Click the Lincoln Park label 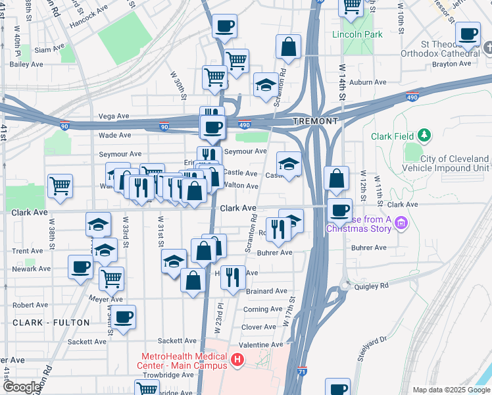(357, 34)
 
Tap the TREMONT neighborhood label (316, 121)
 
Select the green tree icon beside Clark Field (425, 136)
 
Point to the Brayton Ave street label (451, 64)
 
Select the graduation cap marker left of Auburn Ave (266, 85)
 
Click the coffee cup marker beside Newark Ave (81, 267)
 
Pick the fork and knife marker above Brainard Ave (232, 277)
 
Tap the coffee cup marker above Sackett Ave (123, 317)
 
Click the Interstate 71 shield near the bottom (302, 372)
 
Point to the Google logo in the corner (21, 387)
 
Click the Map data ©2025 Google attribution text (451, 390)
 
